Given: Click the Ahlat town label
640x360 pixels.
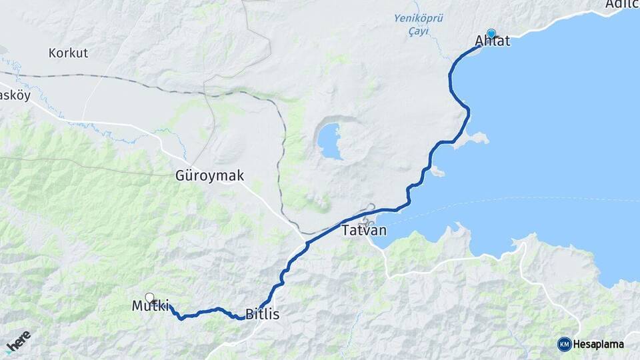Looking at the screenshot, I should pos(493,41).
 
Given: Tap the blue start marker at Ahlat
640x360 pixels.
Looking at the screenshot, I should pos(491,33).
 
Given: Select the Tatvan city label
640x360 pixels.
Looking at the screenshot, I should pos(364,231).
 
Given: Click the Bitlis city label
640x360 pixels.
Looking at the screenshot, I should pos(262,313).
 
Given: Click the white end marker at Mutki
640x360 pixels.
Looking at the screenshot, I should pos(149,297).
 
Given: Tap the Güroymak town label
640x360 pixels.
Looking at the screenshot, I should pos(209,176).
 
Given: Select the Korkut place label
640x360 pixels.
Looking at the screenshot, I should pos(68,53).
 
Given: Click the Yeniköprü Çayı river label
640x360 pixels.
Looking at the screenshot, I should pos(419,25).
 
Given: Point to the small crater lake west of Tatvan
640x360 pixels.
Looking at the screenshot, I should pos(330,140).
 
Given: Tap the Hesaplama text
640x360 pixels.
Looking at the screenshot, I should pos(599,344).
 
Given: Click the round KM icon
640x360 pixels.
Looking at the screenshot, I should pos(564,344).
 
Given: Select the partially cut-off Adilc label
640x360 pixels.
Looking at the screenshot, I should pos(622,5).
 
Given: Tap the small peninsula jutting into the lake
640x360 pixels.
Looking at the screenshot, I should pos(477,138).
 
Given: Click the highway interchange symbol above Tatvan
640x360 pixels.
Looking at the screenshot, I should pos(369,209).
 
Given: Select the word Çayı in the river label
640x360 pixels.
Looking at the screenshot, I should pos(419,31).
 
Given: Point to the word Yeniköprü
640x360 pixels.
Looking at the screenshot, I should pos(419,19).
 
